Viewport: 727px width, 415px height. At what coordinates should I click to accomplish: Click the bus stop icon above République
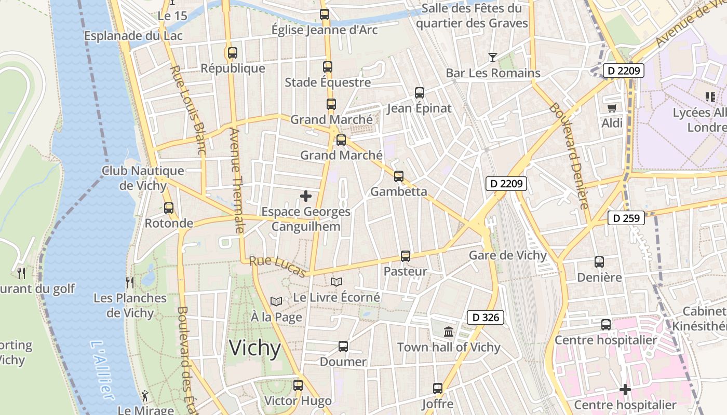tap(232, 53)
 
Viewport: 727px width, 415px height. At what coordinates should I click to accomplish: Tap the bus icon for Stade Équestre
tap(327, 67)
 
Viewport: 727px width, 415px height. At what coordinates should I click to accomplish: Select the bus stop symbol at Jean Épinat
tap(419, 93)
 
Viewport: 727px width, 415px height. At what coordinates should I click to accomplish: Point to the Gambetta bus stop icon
tap(398, 176)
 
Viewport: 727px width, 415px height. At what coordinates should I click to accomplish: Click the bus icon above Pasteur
tap(405, 256)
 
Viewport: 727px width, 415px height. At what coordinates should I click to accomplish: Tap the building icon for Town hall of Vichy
tap(448, 331)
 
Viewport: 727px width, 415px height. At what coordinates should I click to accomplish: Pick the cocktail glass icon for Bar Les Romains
tap(492, 58)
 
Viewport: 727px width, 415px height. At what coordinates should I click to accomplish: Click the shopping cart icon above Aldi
tap(612, 108)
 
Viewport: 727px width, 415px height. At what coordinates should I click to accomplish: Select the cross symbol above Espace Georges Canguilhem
tap(306, 196)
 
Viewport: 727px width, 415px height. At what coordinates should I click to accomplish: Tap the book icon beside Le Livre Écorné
tap(336, 282)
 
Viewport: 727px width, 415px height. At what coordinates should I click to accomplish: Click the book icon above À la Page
tap(276, 301)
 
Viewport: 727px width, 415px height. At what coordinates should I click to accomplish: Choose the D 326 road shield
tap(486, 317)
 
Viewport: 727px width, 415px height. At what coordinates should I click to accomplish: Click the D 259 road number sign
tap(626, 218)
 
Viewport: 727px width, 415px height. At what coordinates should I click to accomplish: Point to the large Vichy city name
tap(254, 348)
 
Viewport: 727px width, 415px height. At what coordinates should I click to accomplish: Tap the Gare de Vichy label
tap(507, 255)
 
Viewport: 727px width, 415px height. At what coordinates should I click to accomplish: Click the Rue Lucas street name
tap(278, 267)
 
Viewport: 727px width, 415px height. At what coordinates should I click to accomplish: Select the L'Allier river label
tap(102, 369)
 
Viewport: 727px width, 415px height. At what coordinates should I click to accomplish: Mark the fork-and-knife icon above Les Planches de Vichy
tap(130, 282)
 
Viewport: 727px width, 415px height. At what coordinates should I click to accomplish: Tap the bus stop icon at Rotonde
tap(168, 208)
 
